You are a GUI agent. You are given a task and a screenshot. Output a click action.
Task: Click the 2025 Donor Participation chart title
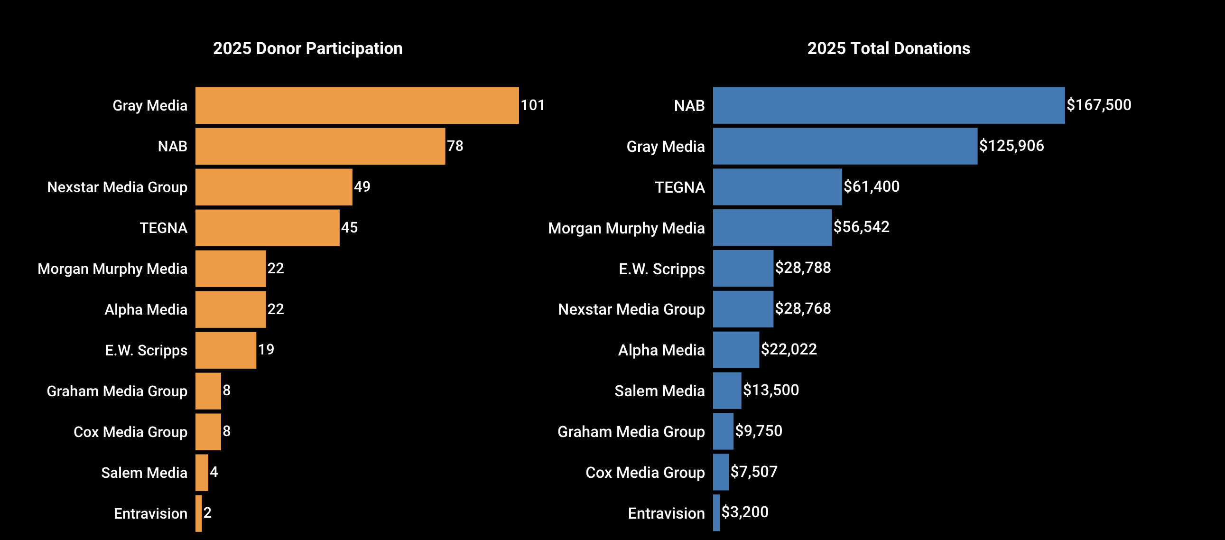point(308,48)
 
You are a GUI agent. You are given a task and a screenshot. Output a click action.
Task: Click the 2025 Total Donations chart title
point(888,48)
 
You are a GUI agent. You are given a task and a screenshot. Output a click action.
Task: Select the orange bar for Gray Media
point(357,105)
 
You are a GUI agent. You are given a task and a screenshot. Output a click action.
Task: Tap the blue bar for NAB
point(888,105)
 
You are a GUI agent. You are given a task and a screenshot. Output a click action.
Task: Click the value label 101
point(532,105)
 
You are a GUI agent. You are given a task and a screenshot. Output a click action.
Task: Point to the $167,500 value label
point(1098,105)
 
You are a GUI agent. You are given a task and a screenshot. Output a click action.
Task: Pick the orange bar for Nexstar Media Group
point(273,187)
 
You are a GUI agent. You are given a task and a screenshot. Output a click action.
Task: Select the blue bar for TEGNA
point(777,187)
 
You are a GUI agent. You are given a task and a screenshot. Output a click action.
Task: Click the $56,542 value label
point(861,227)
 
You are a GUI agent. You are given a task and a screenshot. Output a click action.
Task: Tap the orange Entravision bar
point(199,513)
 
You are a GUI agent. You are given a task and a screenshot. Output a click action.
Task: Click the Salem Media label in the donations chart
point(659,391)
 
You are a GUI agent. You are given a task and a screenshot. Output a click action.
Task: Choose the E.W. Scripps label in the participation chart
point(146,350)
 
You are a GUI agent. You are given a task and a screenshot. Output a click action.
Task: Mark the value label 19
point(266,350)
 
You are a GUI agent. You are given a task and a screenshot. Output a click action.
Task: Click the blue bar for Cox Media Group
point(721,472)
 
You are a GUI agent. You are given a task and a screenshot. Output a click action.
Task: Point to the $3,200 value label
point(744,512)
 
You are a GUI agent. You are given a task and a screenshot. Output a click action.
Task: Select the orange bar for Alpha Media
point(230,309)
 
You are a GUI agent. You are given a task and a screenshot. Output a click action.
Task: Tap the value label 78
point(455,146)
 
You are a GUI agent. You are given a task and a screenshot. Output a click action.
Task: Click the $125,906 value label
point(1011,146)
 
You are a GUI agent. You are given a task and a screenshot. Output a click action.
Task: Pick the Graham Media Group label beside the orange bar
point(117,391)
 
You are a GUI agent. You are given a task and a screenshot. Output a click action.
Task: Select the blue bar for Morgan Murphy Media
point(772,227)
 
